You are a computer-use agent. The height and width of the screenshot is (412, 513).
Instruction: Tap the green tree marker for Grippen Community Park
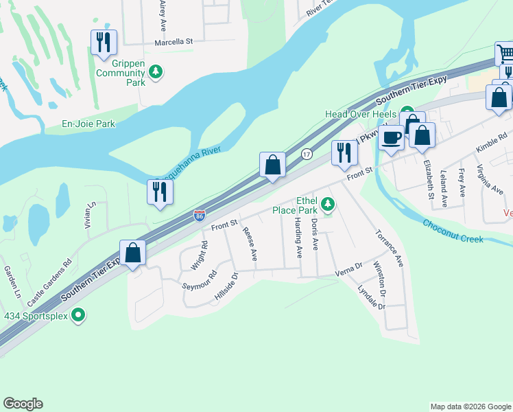[156, 71]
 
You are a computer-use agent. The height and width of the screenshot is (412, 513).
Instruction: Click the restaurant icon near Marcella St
[104, 43]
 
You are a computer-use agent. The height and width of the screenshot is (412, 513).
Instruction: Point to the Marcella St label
[174, 42]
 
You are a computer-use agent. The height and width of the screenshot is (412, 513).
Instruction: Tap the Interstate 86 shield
[199, 216]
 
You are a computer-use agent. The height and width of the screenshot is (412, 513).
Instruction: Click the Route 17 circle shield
[307, 154]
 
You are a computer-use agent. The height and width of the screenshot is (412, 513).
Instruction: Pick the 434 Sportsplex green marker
[78, 315]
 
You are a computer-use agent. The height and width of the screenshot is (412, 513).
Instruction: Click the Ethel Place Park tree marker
[329, 203]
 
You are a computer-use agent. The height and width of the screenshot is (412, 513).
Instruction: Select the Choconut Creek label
[453, 231]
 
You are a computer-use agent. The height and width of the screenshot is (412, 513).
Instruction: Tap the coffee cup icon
[391, 137]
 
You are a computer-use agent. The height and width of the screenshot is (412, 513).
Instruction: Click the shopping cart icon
[505, 53]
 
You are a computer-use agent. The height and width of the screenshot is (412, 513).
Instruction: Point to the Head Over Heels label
[361, 114]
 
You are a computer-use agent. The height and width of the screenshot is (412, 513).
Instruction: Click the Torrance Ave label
[389, 248]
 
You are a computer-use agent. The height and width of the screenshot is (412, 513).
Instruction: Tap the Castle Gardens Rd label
[49, 283]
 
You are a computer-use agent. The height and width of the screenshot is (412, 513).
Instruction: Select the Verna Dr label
[349, 268]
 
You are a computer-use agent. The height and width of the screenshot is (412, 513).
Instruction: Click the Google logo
[23, 404]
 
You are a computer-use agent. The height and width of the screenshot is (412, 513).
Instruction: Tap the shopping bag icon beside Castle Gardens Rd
[133, 252]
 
